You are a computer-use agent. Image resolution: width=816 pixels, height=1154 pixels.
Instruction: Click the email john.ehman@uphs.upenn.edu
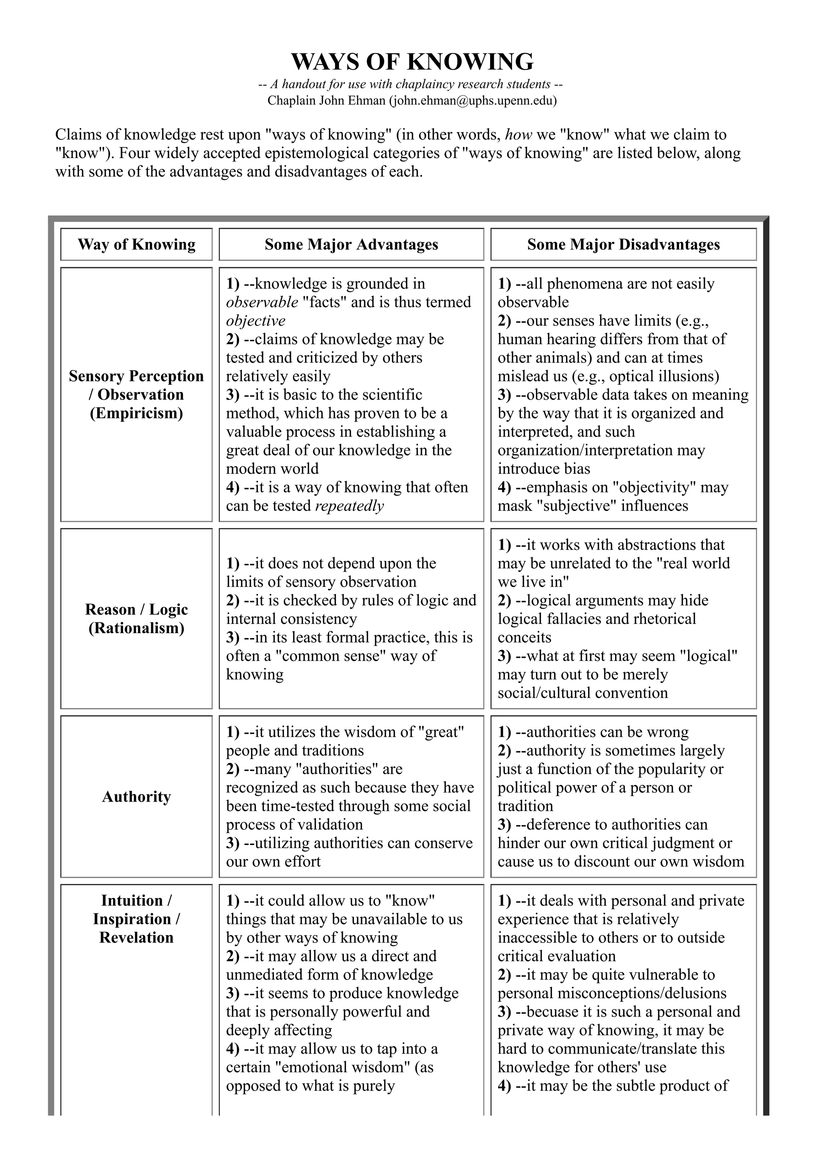click(x=473, y=100)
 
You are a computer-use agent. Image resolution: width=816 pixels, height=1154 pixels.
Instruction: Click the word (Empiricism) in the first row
click(x=136, y=413)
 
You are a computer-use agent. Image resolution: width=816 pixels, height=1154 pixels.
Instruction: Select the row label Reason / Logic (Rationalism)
click(x=136, y=619)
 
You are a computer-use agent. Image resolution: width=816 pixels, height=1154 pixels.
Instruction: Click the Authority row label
click(x=136, y=797)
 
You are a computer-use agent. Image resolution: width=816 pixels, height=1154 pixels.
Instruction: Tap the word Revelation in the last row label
click(x=136, y=937)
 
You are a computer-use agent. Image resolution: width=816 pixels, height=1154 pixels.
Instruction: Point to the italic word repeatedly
click(x=349, y=506)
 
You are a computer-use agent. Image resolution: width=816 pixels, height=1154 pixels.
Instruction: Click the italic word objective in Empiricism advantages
click(x=255, y=321)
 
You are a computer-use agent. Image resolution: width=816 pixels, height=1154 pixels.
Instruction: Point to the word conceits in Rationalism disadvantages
click(x=524, y=637)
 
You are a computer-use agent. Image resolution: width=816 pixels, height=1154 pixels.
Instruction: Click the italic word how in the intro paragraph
click(x=518, y=135)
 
